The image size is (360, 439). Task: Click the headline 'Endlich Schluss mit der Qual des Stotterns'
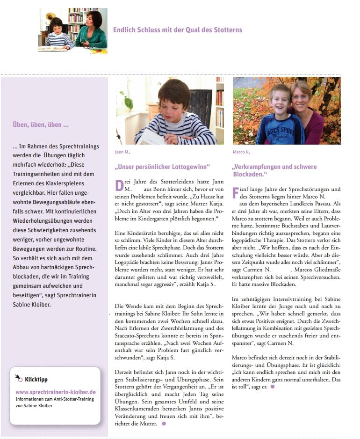(178, 30)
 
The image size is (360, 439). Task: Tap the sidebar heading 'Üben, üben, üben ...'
(41, 124)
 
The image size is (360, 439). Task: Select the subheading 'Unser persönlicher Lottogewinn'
(163, 167)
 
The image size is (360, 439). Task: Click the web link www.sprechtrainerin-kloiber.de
(56, 392)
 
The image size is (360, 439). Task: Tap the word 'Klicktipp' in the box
(36, 380)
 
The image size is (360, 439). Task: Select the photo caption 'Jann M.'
(122, 152)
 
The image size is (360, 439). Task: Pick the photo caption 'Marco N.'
(241, 152)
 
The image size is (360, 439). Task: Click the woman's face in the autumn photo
(300, 97)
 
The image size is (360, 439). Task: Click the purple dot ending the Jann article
(164, 424)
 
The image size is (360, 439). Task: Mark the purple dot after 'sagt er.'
(272, 387)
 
